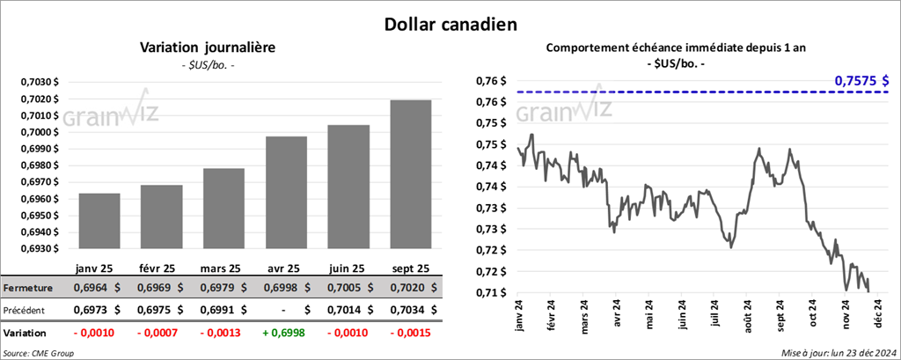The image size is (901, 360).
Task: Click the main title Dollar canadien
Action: point(450,24)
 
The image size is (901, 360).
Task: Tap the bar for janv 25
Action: point(99,220)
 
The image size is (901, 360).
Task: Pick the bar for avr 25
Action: point(286,192)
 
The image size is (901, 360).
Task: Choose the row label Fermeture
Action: point(29,288)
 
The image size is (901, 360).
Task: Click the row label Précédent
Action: point(29,310)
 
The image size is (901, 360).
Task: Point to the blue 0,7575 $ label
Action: point(861,81)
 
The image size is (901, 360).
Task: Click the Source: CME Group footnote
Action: point(39,352)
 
